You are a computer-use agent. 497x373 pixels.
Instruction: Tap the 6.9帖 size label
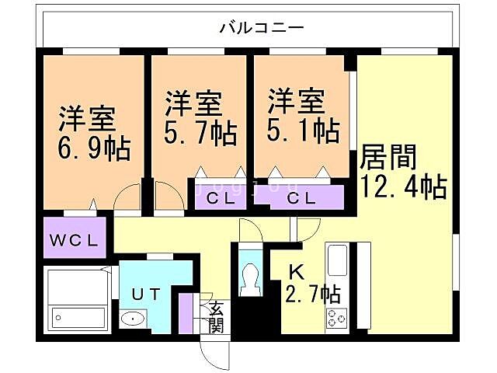(92, 146)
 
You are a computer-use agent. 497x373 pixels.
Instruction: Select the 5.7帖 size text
(200, 134)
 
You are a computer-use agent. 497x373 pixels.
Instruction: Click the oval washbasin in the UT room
(134, 319)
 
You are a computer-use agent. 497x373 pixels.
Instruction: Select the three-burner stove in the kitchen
(338, 317)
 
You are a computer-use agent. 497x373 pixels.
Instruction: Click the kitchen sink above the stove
(338, 260)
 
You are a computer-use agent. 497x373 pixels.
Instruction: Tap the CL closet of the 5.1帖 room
(301, 197)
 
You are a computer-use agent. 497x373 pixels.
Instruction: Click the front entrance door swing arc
(211, 354)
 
